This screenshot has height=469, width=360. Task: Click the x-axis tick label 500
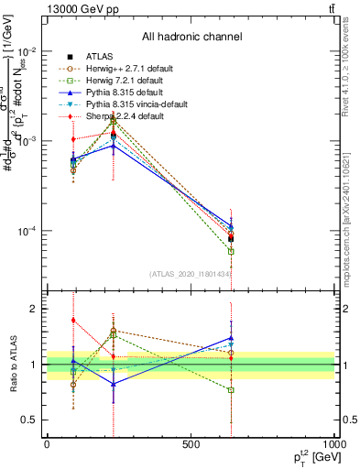point(191,444)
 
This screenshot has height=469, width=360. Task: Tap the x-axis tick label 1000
point(333,444)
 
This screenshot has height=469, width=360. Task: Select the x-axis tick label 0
point(47,444)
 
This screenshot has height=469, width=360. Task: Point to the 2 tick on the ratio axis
point(33,310)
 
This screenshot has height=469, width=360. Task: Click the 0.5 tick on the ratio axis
point(30,420)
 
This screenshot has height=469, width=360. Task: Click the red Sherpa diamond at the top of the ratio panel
point(73,320)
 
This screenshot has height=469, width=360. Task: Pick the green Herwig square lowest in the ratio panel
point(231,390)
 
